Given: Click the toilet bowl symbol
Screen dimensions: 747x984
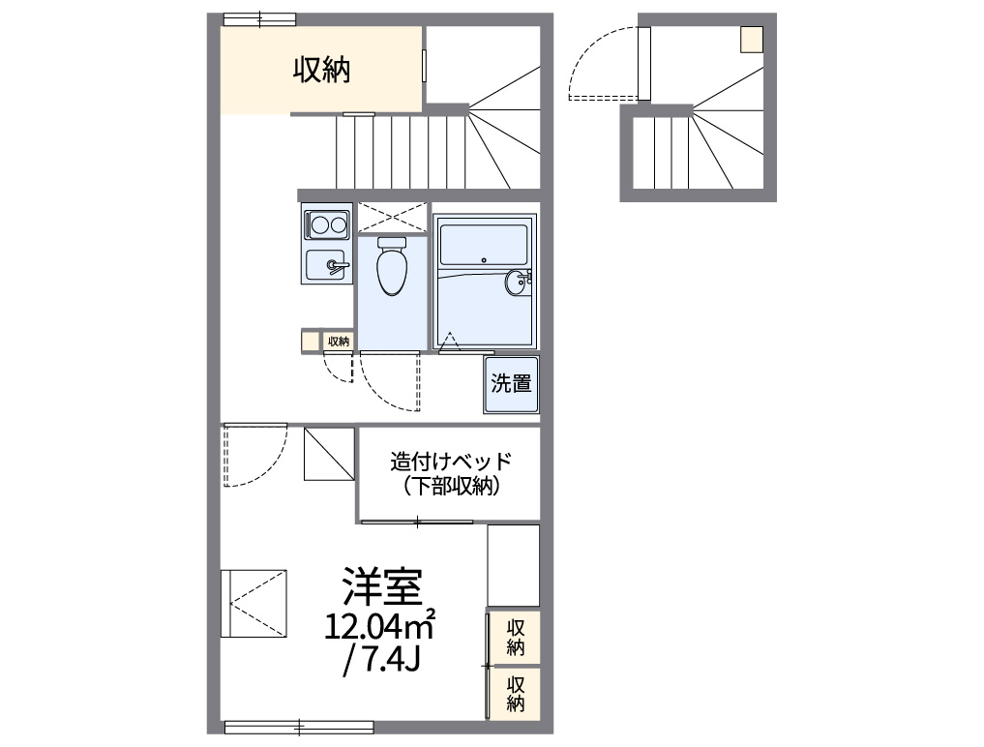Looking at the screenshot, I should click(392, 267).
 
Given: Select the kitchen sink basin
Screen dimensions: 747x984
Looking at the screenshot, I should click(325, 264).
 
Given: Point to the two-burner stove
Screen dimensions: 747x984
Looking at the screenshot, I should click(325, 225).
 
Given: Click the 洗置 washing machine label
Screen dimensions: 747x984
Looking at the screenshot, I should click(511, 383).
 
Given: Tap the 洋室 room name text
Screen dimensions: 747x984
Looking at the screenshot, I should click(380, 586).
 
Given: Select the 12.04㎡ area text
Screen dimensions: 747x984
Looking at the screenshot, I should click(380, 626).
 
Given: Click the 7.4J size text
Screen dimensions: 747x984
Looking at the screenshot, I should click(380, 662).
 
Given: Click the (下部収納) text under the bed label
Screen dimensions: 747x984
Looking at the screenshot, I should click(450, 487).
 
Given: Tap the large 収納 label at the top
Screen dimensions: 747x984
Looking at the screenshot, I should click(322, 70).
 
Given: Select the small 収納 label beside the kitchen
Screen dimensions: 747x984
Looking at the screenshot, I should click(338, 341).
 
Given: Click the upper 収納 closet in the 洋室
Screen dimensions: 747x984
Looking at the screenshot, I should click(516, 637).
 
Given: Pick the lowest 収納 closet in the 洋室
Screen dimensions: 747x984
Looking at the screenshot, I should click(516, 693).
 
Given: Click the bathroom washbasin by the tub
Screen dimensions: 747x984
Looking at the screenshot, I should click(518, 282).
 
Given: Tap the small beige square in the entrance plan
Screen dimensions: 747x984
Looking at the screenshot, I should click(752, 40).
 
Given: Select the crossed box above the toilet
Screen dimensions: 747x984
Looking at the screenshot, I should click(392, 216).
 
